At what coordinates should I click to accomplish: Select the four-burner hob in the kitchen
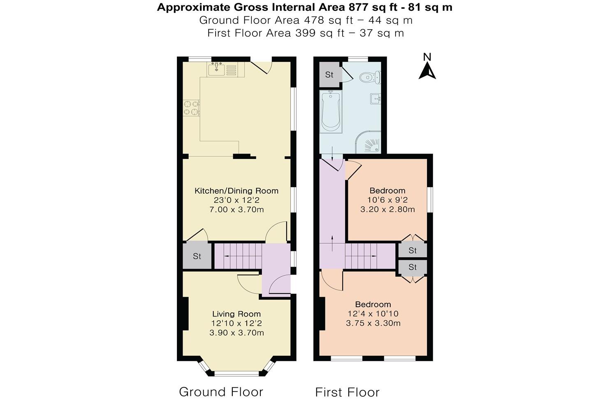[x=191, y=108]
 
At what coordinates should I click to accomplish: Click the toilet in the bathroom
[x=371, y=77]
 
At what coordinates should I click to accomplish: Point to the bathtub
[x=331, y=112]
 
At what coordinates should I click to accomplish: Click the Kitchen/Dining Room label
[x=236, y=191]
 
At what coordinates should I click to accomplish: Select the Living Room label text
[x=236, y=314]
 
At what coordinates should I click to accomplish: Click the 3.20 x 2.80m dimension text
[x=387, y=209]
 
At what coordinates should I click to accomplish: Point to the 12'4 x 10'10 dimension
[x=373, y=314]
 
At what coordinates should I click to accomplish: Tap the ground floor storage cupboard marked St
[x=197, y=256]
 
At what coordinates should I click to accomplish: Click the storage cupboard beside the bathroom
[x=329, y=74]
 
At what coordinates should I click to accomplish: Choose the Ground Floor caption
[x=221, y=392]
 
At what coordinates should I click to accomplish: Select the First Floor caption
[x=347, y=392]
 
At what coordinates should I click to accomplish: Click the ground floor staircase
[x=238, y=256]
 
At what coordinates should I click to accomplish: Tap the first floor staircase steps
[x=361, y=256]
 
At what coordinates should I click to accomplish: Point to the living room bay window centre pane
[x=236, y=373]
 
